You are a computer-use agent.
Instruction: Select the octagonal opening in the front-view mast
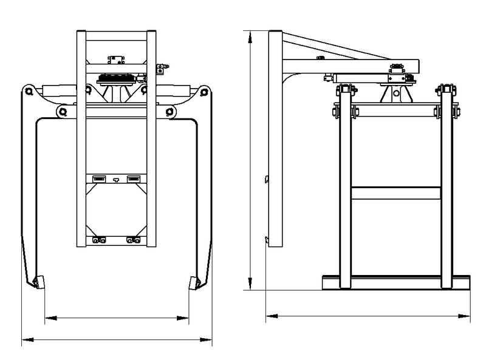coord(116,210)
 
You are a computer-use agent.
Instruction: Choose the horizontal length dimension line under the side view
coord(368,316)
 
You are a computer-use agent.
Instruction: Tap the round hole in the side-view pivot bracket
coord(394,94)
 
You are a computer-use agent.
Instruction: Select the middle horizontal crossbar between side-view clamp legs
coord(396,194)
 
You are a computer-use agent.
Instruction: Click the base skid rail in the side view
coord(396,282)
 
